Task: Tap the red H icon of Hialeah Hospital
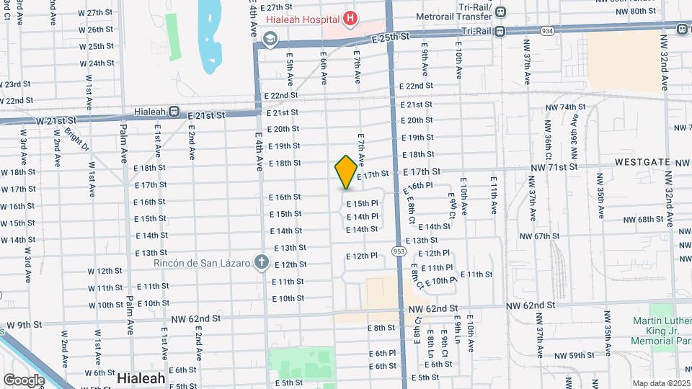[x=350, y=18]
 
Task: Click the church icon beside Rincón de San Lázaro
[x=262, y=263]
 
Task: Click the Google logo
[x=24, y=380]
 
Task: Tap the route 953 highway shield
[x=398, y=251]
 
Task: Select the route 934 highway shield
[x=549, y=31]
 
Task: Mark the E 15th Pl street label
[x=362, y=204]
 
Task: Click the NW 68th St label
[x=644, y=220]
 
